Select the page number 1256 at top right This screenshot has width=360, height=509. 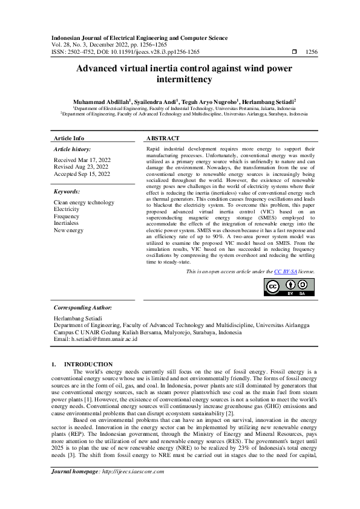tap(311, 53)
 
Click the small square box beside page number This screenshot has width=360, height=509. tap(294, 53)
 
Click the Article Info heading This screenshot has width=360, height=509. tap(69, 138)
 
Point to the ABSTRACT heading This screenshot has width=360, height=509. tap(163, 138)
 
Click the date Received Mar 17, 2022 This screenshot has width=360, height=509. tap(82, 160)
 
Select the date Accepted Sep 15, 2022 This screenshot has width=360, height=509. tap(82, 174)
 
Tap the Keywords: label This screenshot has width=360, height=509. tap(67, 191)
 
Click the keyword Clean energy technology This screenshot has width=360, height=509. tap(83, 203)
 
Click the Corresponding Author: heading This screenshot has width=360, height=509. tap(83, 308)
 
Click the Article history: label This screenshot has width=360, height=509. tap(72, 149)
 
